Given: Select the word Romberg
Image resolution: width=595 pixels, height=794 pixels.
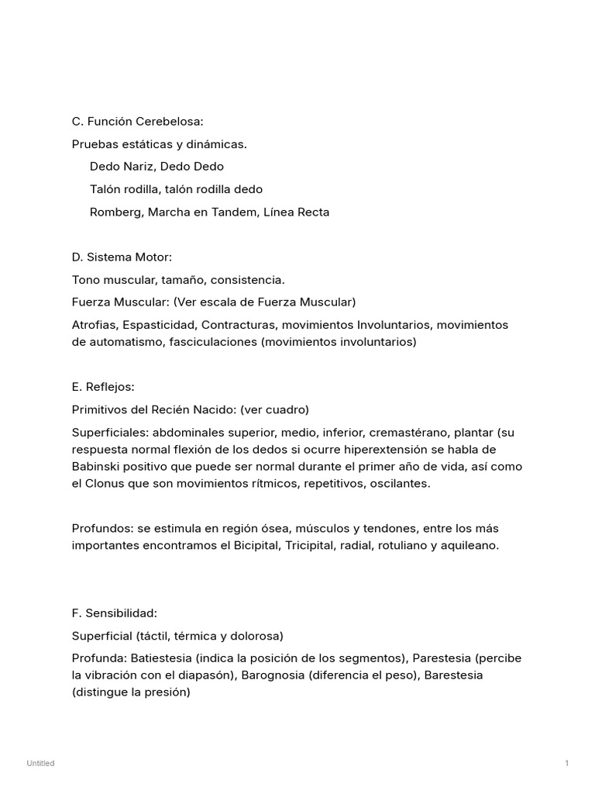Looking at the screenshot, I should click(115, 212).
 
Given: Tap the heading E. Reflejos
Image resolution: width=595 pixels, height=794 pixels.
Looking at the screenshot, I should click(103, 387).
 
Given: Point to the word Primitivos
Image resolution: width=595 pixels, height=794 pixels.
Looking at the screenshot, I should click(101, 409).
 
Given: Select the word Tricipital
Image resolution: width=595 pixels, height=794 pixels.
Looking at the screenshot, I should click(319, 545).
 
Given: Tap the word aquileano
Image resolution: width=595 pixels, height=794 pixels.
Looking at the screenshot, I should click(470, 545).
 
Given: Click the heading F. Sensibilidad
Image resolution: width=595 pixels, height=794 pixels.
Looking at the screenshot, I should click(114, 613).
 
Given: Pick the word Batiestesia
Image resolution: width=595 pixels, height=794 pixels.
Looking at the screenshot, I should click(163, 658).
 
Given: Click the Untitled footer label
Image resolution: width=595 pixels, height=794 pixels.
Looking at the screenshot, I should click(40, 764).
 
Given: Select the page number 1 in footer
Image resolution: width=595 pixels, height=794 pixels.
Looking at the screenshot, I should click(566, 764).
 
